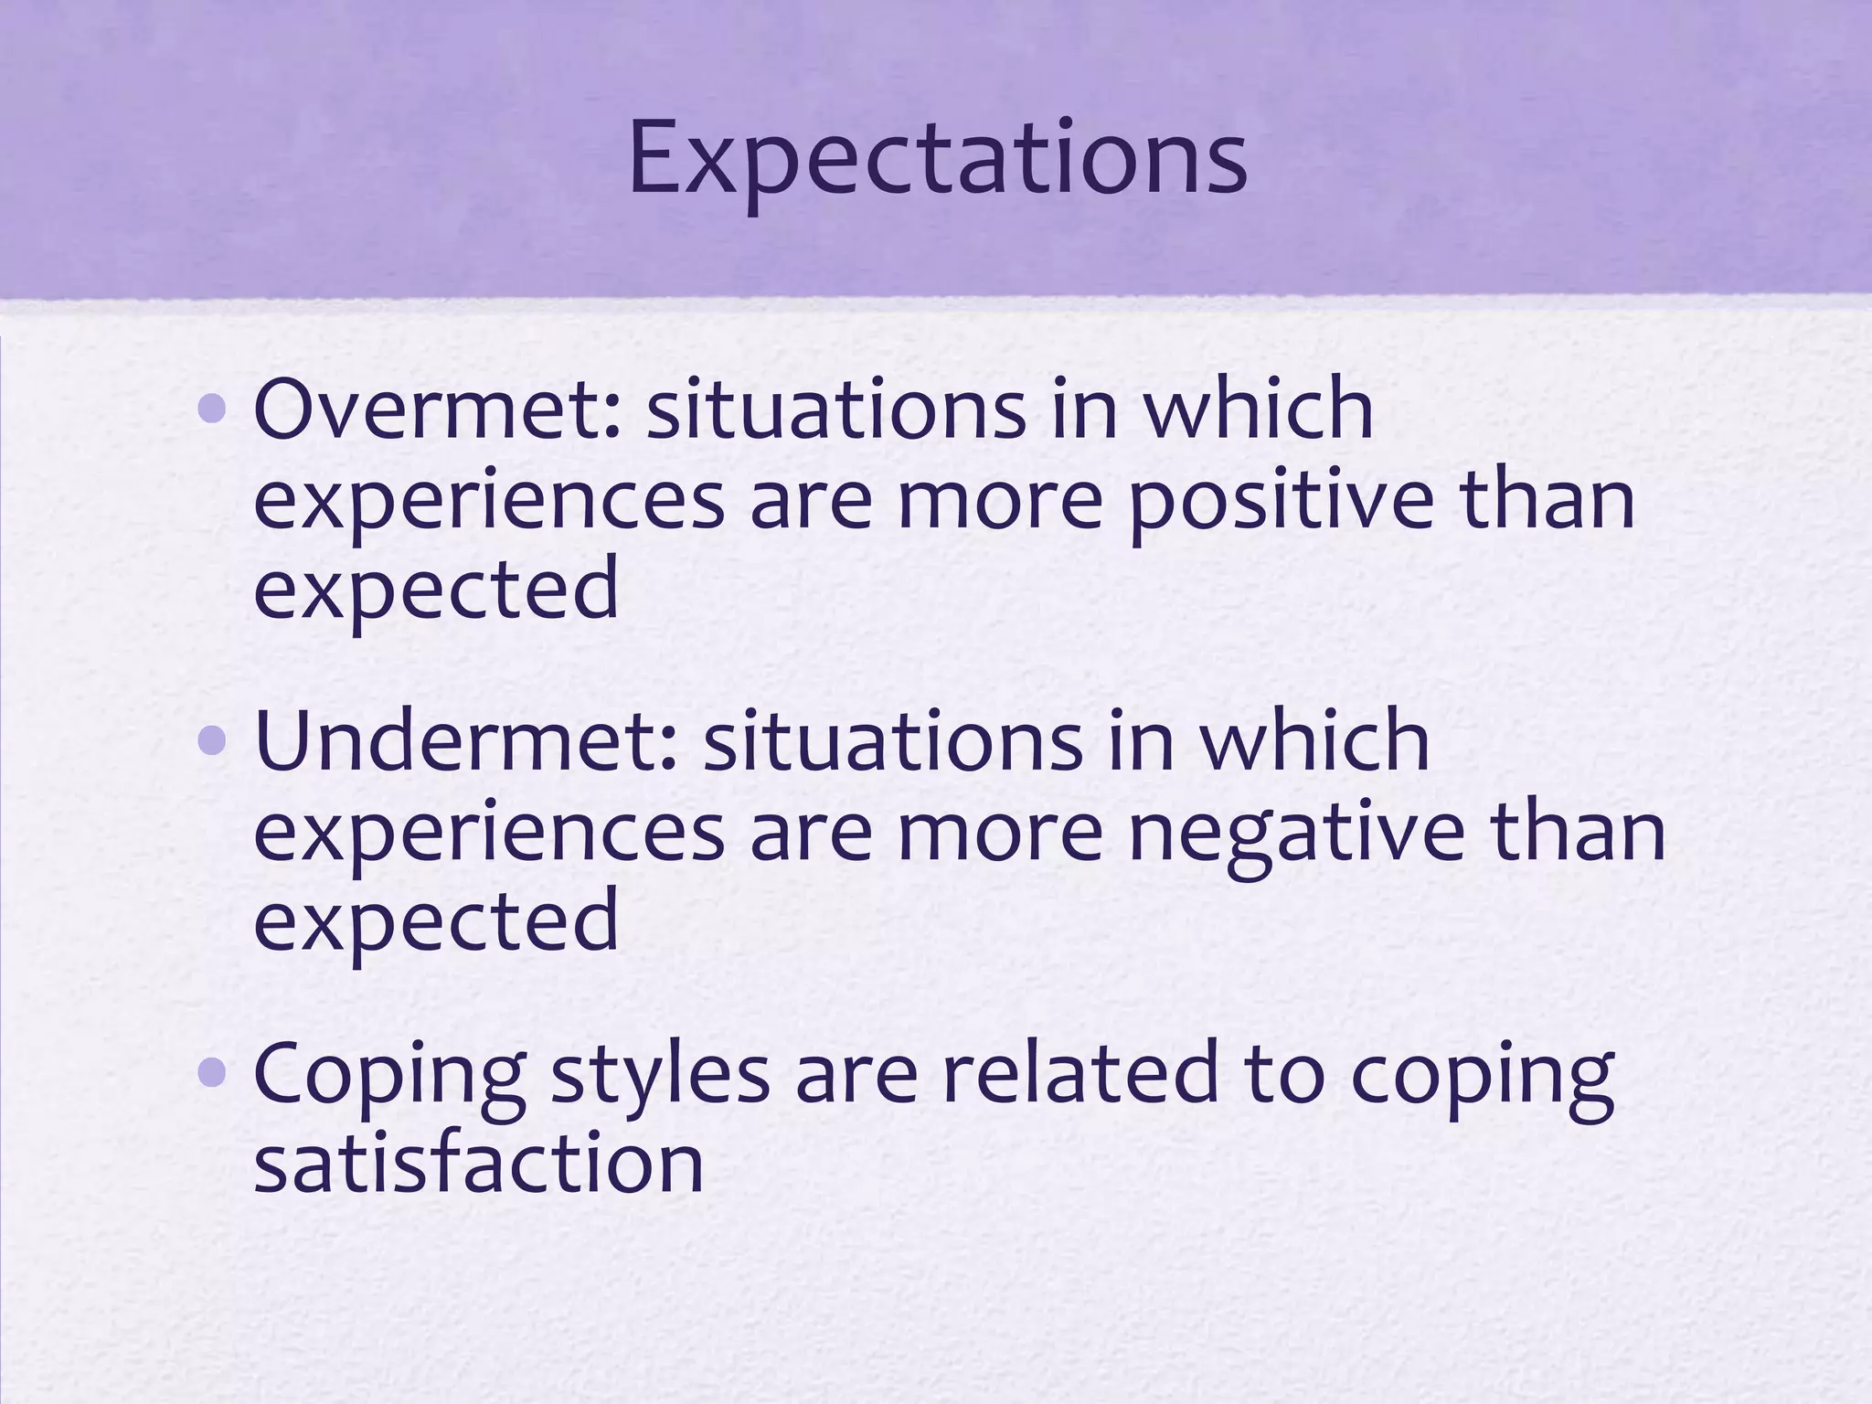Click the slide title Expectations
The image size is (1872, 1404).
pos(937,161)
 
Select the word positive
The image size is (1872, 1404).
pos(1281,503)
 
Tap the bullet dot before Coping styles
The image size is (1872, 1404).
pos(212,1072)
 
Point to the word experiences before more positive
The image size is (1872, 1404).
pos(489,503)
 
